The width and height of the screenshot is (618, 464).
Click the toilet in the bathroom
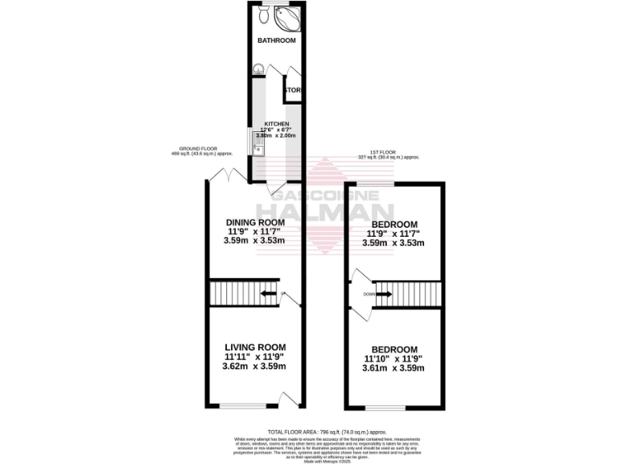[265, 15]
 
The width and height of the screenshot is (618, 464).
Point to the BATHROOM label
[276, 40]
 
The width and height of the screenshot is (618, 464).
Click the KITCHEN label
[277, 124]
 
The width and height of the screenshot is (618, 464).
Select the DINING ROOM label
[255, 222]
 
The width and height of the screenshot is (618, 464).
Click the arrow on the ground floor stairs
[265, 293]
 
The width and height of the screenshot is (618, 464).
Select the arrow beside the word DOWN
[385, 294]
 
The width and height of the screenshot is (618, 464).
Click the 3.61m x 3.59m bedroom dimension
[394, 369]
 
